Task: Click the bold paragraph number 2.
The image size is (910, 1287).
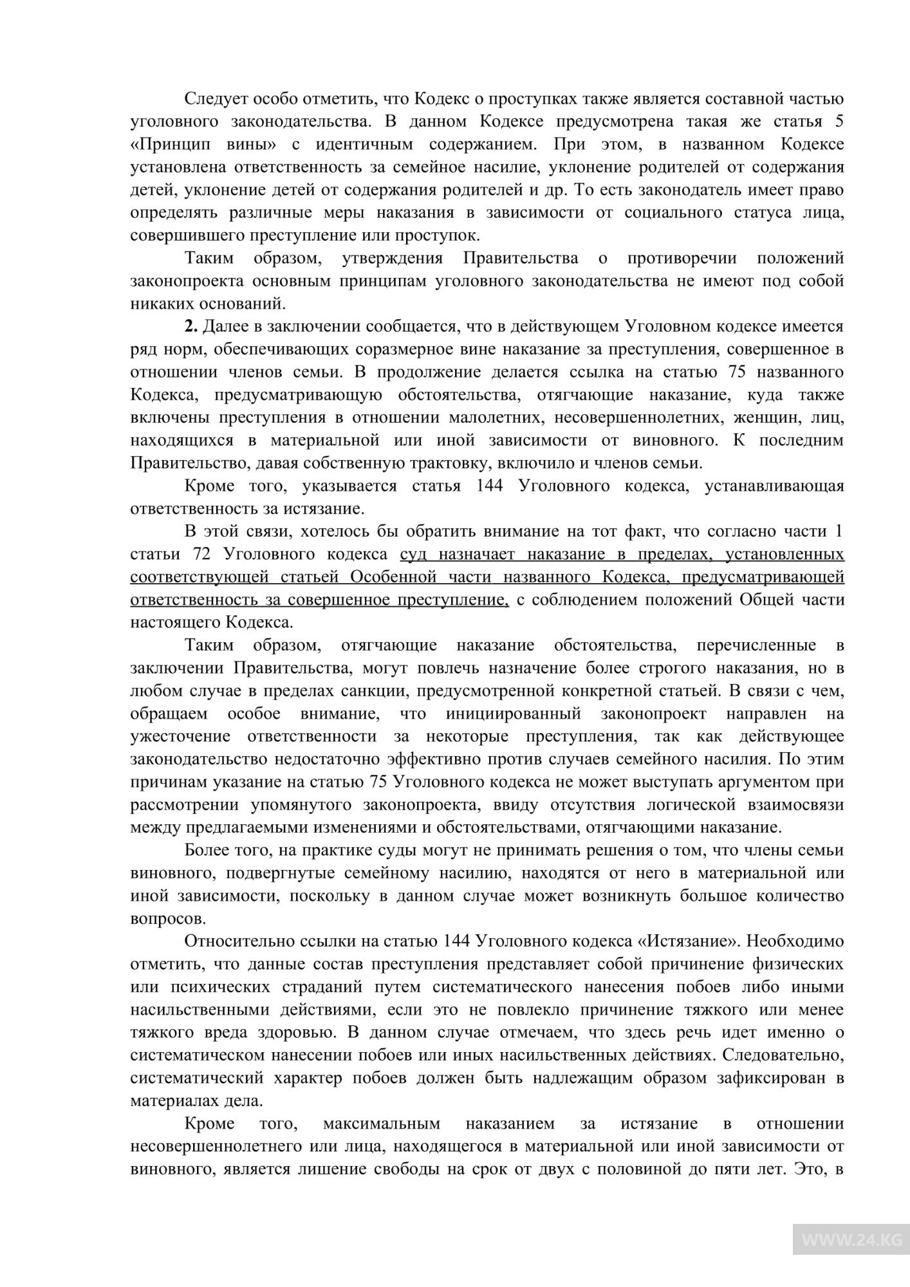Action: [x=191, y=326]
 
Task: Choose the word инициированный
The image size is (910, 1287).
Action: [x=513, y=714]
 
